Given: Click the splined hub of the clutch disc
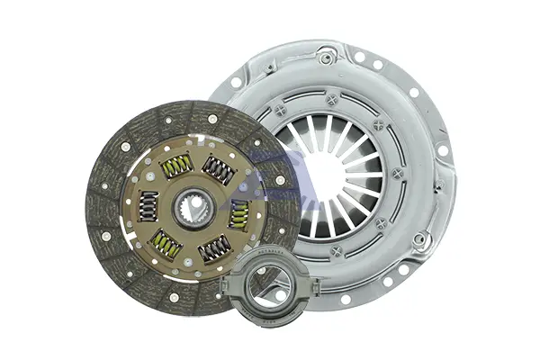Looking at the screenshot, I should click(x=193, y=209).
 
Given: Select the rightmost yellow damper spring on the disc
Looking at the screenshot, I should click(x=239, y=214).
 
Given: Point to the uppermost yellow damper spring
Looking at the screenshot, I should click(x=176, y=166).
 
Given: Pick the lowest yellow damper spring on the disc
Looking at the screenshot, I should click(x=166, y=244).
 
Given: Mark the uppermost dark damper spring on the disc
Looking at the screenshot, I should click(x=219, y=169).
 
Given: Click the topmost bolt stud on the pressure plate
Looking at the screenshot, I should click(x=327, y=58).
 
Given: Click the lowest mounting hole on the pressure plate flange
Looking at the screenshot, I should click(x=346, y=299).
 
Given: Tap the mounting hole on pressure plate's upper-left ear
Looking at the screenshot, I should click(x=236, y=82).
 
